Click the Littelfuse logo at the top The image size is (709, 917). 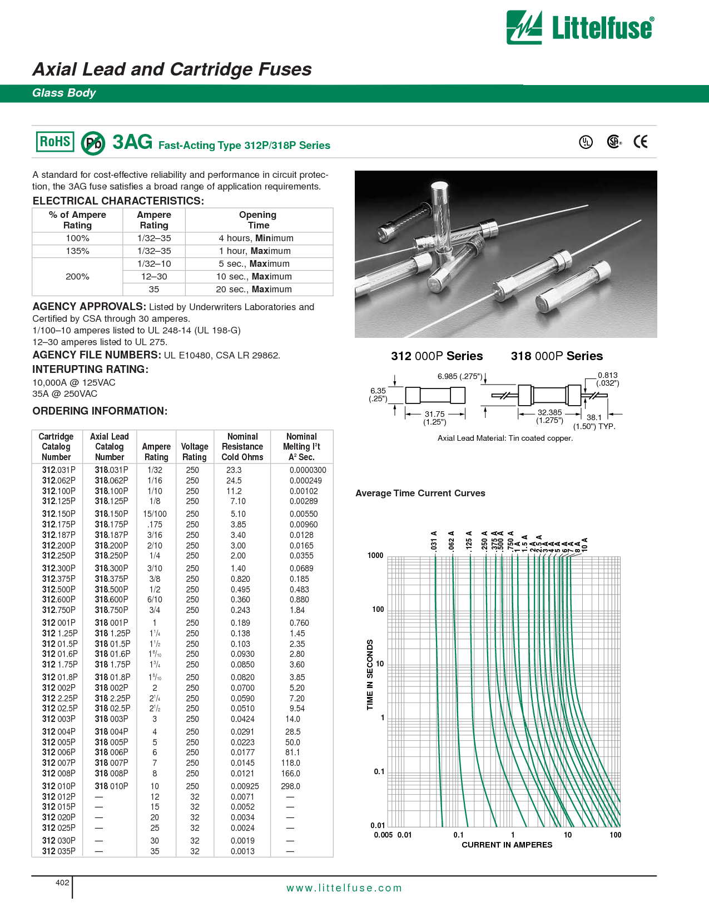click(580, 27)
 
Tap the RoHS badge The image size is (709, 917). click(55, 142)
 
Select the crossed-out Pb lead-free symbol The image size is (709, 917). click(93, 143)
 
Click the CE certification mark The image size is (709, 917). click(641, 142)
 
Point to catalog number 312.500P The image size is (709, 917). click(59, 589)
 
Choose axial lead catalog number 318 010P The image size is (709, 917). click(111, 786)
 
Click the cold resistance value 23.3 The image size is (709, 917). click(234, 470)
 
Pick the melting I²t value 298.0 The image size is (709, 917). click(290, 786)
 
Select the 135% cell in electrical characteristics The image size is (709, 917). click(77, 251)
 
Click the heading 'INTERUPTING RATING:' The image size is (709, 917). click(90, 369)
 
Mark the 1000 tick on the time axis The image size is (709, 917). click(375, 555)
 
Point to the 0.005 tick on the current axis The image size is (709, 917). click(383, 835)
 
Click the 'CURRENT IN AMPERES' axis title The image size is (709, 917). click(507, 845)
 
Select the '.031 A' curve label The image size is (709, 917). click(434, 541)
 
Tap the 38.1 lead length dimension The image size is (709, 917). click(594, 417)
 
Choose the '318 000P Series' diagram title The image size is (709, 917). click(557, 356)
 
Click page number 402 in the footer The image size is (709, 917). click(62, 883)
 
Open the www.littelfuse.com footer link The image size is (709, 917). click(344, 888)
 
